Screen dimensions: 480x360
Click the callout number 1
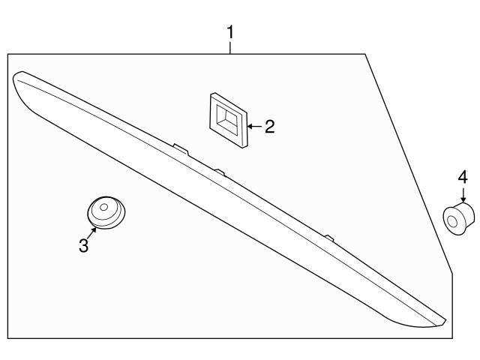tap(230, 32)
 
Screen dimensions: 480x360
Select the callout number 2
tap(270, 127)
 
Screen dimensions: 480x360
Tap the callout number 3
tap(83, 245)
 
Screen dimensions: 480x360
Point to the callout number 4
tap(463, 177)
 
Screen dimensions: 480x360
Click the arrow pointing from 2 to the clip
tap(254, 126)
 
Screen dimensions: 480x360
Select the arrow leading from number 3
tap(91, 232)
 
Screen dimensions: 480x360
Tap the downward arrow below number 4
tap(463, 195)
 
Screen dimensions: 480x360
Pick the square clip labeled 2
tap(228, 120)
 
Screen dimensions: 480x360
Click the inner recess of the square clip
tap(226, 118)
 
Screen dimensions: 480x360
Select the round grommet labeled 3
tap(106, 212)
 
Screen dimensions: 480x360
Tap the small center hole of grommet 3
tap(103, 207)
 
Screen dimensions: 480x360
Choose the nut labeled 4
tap(459, 218)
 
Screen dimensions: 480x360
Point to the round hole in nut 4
tap(452, 221)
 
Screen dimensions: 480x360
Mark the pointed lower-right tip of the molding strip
tap(445, 321)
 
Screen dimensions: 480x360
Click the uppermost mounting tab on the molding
tap(181, 148)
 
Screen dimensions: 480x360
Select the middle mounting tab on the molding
tap(220, 172)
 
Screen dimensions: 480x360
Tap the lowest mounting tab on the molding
tap(329, 238)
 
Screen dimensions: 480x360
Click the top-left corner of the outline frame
tap(8, 55)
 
